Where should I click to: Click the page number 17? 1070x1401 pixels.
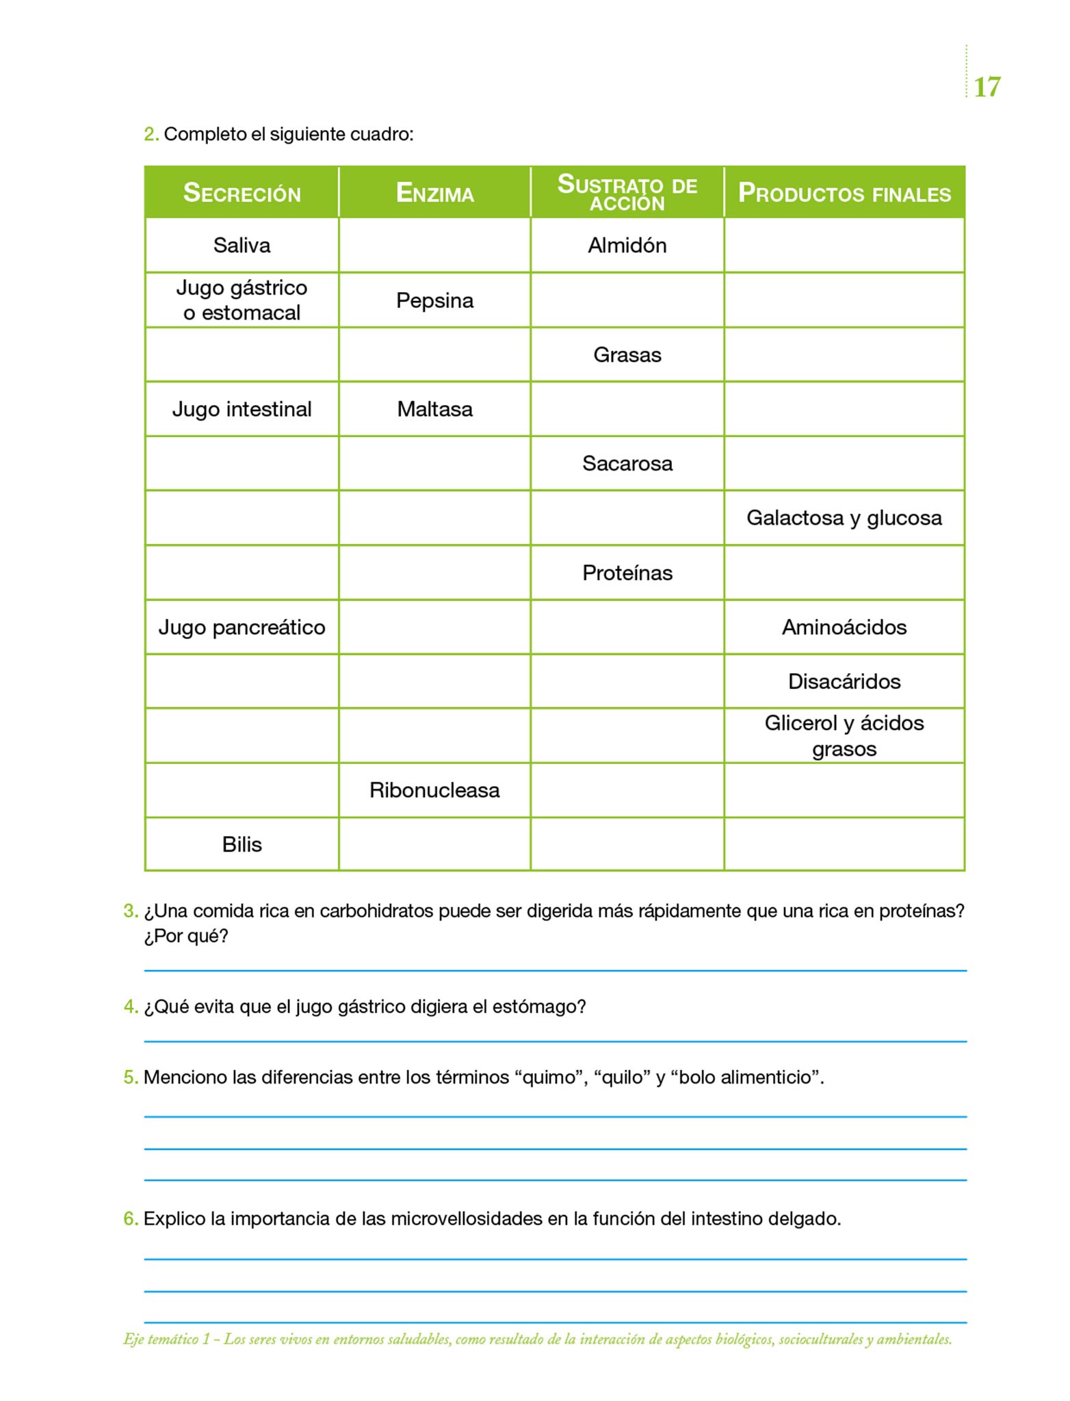[x=987, y=88]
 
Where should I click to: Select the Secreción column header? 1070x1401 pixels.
[x=242, y=193]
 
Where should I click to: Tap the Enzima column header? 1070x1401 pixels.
[x=434, y=193]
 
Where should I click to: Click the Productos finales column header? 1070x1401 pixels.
[x=844, y=193]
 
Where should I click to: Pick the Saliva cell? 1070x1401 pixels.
[x=242, y=245]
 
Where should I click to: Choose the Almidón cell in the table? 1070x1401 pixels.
[x=627, y=245]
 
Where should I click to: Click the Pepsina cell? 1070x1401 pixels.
[x=434, y=300]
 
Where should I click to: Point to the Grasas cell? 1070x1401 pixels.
[x=627, y=354]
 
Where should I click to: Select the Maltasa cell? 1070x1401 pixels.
[x=434, y=409]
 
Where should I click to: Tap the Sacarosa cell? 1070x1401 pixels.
[x=627, y=463]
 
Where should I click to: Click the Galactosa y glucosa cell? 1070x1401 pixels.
[x=844, y=518]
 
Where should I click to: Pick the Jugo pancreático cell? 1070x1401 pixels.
[x=242, y=627]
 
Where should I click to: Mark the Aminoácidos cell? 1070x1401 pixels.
[x=844, y=627]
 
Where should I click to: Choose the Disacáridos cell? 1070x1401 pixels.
[x=844, y=681]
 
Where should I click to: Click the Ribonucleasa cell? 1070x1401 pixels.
[x=434, y=790]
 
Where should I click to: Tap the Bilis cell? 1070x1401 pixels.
[x=242, y=844]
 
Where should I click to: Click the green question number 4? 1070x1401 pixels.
[x=130, y=1007]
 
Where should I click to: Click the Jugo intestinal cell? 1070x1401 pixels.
[x=242, y=409]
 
